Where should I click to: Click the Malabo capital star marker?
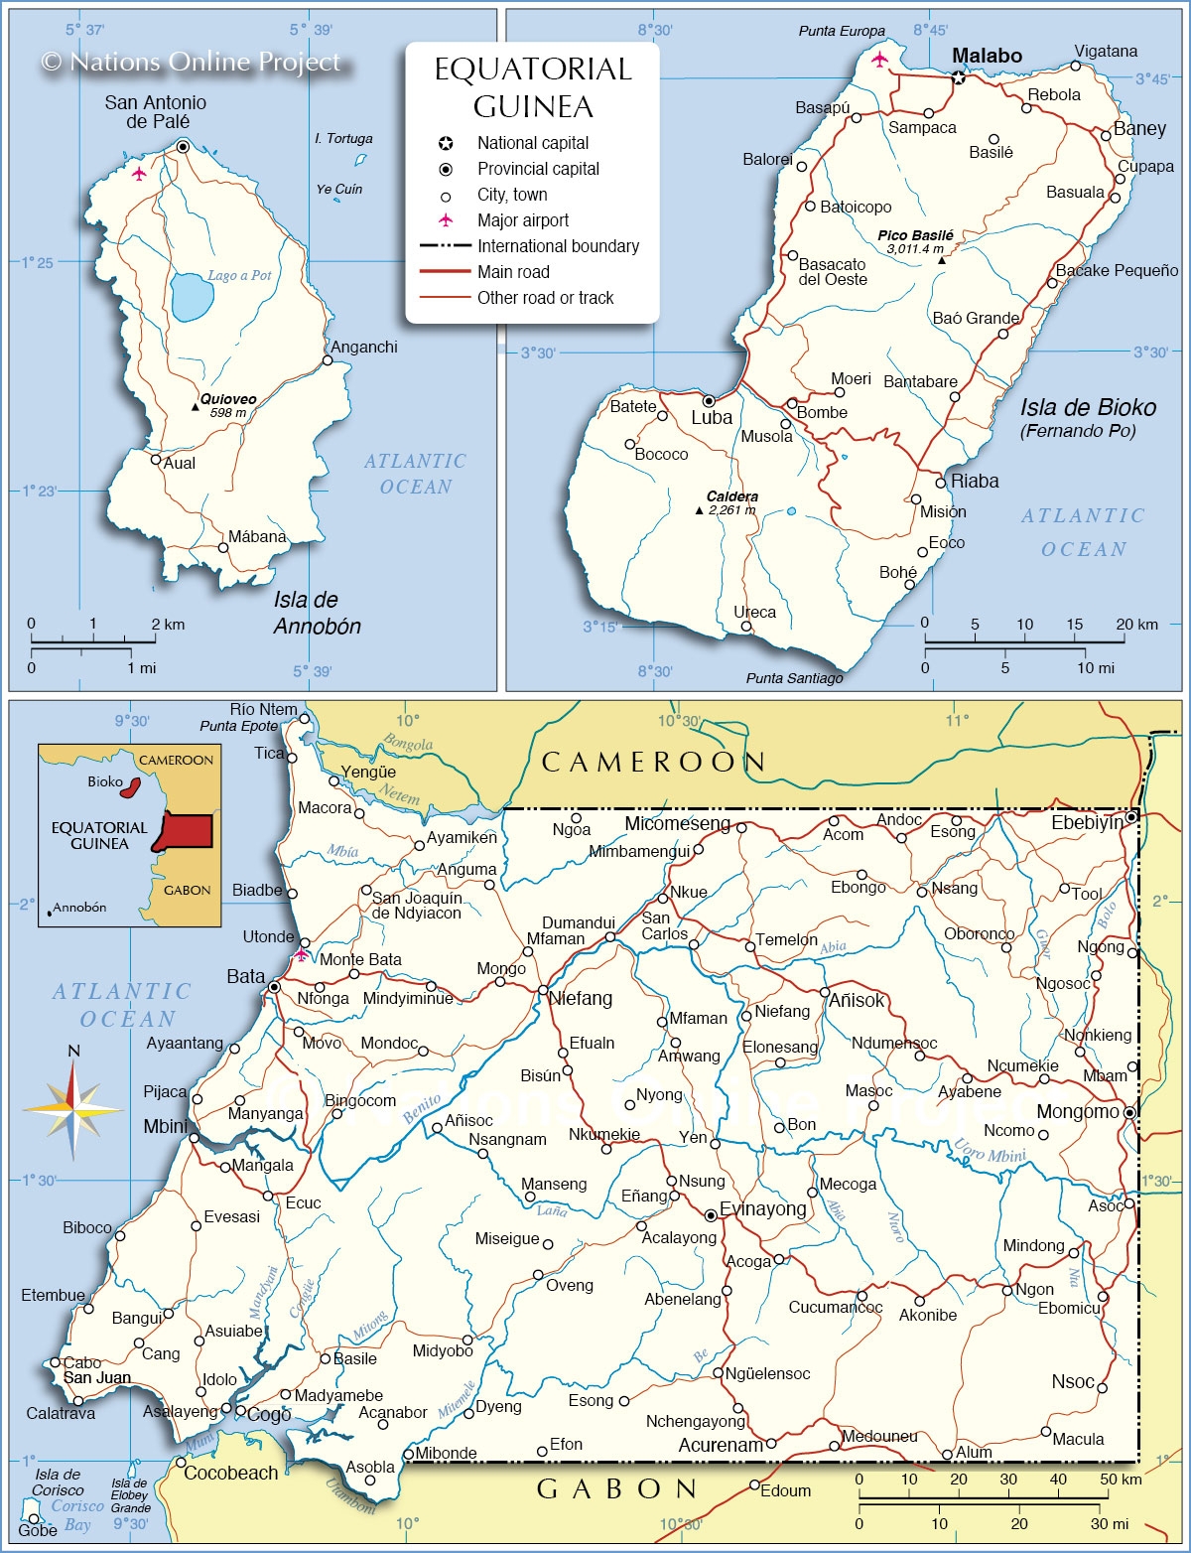pos(959,76)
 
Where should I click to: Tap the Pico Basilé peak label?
pos(915,235)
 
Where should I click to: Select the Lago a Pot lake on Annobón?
pos(191,296)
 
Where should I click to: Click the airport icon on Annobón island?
pos(139,174)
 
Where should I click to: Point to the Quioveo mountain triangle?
pos(196,406)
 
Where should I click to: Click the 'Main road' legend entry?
pos(513,272)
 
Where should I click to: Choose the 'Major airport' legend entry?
pos(523,220)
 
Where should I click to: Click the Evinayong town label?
pos(762,1208)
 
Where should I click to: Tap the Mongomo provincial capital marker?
pos(1129,1113)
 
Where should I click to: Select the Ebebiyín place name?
pos(1088,822)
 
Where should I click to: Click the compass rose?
pos(73,1109)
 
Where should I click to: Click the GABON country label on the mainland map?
pos(617,1488)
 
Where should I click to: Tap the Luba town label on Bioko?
pos(712,418)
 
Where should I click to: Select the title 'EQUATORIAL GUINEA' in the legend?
pos(533,87)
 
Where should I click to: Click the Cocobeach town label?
pos(230,1473)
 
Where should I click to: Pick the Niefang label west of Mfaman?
pos(581,998)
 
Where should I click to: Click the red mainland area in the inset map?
pos(187,829)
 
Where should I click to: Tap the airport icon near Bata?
pos(301,955)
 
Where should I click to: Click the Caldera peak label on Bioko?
pos(732,496)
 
